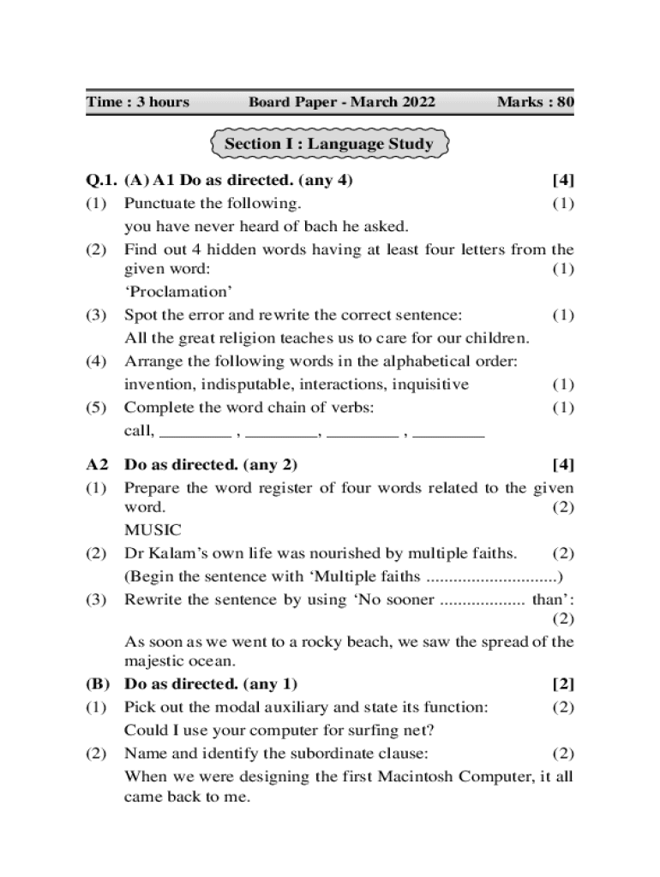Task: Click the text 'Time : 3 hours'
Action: pos(137,103)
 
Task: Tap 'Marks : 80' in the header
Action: pos(535,103)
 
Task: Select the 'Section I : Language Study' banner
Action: pos(328,144)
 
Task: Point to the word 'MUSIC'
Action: pos(153,530)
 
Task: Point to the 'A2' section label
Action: pos(98,465)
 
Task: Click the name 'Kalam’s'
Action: pos(174,553)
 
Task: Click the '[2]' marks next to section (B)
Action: pos(562,684)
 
